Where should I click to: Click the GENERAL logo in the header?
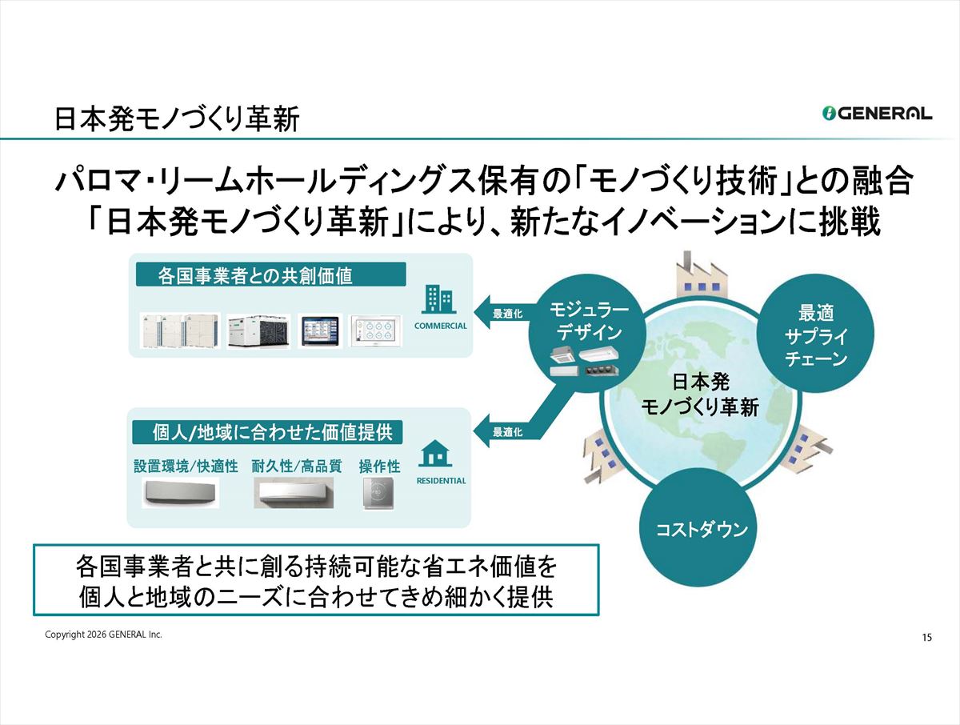point(877,114)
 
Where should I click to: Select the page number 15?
point(926,638)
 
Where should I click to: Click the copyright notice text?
point(103,635)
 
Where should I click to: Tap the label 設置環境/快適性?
point(186,467)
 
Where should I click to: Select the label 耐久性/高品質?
point(296,467)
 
